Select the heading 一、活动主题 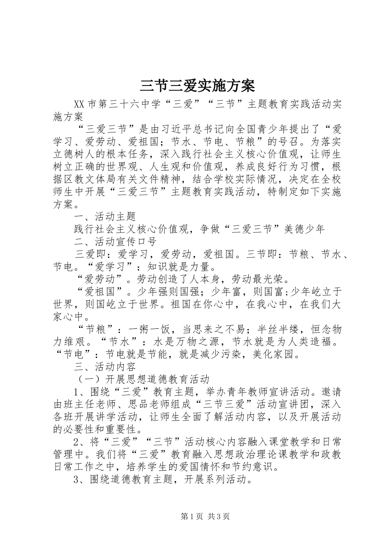pyautogui.click(x=105, y=216)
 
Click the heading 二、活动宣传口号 pyautogui.click(x=115, y=242)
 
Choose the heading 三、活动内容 pyautogui.click(x=105, y=366)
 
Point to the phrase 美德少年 pyautogui.click(x=305, y=229)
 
